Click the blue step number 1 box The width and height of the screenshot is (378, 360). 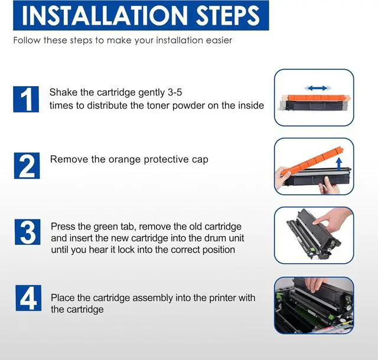pyautogui.click(x=26, y=99)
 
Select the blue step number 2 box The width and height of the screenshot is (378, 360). pyautogui.click(x=27, y=166)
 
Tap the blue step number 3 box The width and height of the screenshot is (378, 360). pyautogui.click(x=28, y=232)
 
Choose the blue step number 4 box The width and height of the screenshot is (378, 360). pyautogui.click(x=28, y=298)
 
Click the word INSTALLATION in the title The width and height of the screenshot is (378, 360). pyautogui.click(x=105, y=15)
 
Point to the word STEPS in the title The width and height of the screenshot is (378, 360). pyautogui.click(x=228, y=15)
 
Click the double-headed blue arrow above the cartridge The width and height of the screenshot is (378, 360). pyautogui.click(x=318, y=88)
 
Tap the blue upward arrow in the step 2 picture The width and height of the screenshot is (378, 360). pyautogui.click(x=339, y=164)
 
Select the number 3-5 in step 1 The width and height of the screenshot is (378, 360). pyautogui.click(x=174, y=92)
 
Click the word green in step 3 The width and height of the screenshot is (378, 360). pyautogui.click(x=105, y=227)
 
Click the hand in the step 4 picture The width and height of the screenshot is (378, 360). pyautogui.click(x=314, y=284)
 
